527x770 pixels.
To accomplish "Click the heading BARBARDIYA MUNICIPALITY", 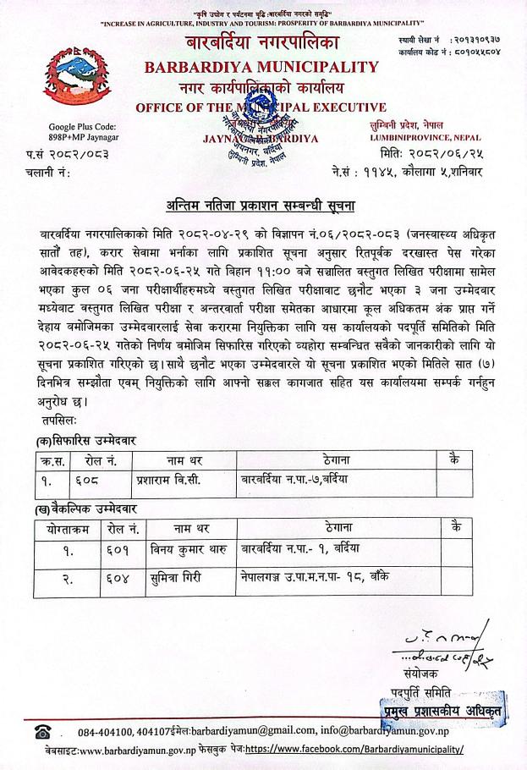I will tap(261, 66).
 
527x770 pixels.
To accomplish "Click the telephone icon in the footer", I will tap(42, 730).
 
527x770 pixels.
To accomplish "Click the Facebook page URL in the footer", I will tap(354, 750).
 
